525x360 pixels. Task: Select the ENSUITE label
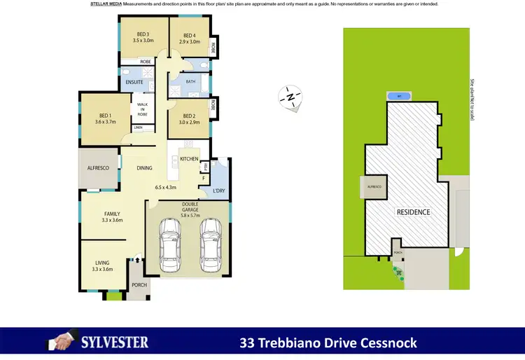(134, 83)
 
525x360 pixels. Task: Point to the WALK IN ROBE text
(142, 109)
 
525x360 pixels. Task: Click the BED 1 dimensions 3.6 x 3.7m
(105, 123)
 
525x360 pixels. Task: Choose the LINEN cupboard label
(139, 127)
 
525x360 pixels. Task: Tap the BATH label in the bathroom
(191, 82)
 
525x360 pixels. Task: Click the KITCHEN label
(189, 159)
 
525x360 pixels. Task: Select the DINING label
(145, 168)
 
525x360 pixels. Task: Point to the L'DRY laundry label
(219, 191)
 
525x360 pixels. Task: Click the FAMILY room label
(112, 214)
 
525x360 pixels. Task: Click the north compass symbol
(289, 97)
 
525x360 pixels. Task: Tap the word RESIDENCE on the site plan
(413, 212)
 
